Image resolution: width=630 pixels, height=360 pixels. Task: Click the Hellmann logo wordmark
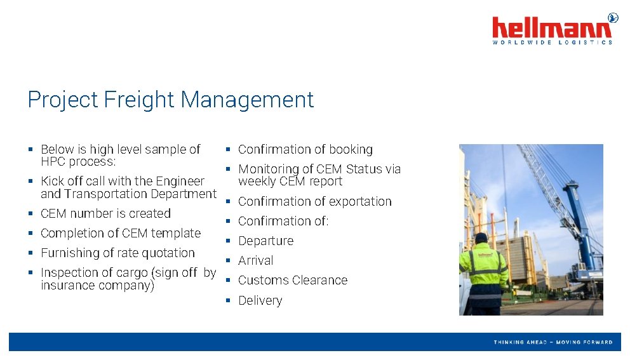(x=552, y=28)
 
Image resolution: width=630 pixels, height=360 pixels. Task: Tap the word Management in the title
(x=247, y=100)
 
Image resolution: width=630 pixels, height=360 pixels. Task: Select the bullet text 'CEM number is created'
(x=105, y=213)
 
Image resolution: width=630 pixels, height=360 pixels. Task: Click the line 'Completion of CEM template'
(x=121, y=233)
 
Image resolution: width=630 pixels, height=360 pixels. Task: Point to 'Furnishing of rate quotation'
(x=117, y=253)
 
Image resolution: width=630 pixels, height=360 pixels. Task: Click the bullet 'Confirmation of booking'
(x=305, y=150)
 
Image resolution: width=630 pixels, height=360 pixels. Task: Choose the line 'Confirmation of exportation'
(x=314, y=201)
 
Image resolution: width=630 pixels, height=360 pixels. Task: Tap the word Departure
(x=265, y=241)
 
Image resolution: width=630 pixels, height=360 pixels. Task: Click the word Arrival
(x=255, y=260)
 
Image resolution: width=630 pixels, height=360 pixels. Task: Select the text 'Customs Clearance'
(x=292, y=280)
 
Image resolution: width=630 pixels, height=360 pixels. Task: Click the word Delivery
(x=260, y=300)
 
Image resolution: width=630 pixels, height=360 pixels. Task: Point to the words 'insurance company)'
(x=97, y=285)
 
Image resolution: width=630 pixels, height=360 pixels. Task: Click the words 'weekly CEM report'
(x=290, y=182)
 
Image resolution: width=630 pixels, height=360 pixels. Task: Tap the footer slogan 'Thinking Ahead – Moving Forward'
(x=553, y=342)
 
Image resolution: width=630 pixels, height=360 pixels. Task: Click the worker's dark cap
(x=481, y=237)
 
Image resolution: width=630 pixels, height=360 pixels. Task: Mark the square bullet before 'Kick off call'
(x=30, y=182)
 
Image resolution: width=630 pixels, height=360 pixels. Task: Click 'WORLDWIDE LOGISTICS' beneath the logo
(x=552, y=43)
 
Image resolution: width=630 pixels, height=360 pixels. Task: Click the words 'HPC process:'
(x=78, y=161)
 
